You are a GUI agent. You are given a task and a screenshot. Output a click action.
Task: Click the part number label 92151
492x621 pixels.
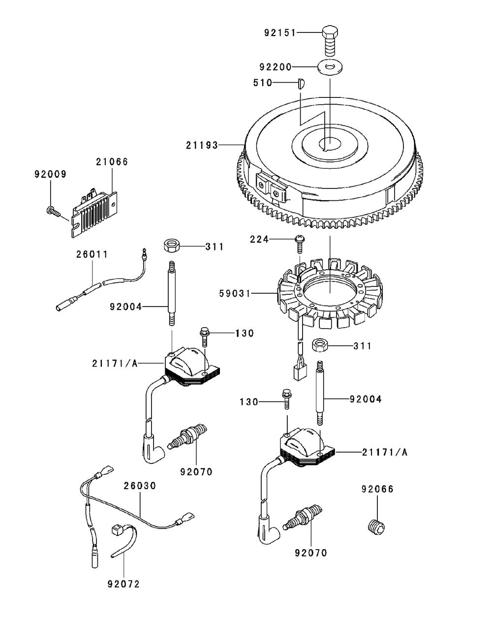[x=280, y=33]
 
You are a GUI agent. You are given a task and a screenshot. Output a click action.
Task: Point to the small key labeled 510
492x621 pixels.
[x=302, y=83]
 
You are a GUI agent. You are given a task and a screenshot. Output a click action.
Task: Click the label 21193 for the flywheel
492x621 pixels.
[x=202, y=145]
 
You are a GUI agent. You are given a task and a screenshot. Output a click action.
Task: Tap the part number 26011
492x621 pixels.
[x=92, y=254]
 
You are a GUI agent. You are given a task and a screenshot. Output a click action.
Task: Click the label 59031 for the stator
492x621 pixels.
[x=235, y=294]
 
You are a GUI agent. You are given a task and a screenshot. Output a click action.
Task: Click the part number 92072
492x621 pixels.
[x=123, y=584]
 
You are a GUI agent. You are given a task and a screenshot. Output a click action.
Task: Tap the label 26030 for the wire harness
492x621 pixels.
[x=140, y=486]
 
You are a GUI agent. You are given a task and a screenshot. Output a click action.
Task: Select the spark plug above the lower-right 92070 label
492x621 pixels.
[x=301, y=518]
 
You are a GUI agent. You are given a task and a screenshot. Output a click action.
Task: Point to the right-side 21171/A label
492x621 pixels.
[x=385, y=452]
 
